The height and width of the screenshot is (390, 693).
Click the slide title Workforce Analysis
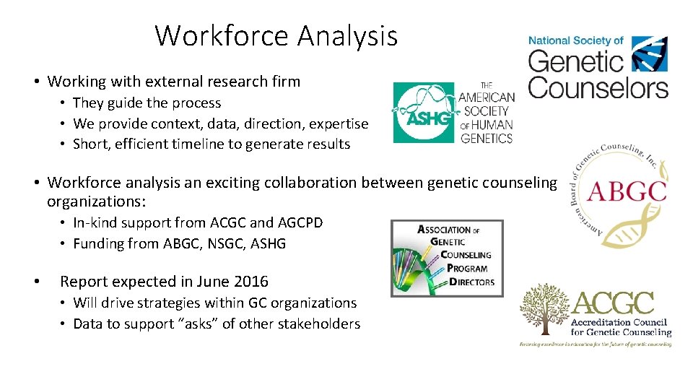(x=276, y=35)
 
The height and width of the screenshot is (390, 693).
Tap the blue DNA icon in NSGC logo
(x=649, y=53)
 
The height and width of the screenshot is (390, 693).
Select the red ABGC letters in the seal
(x=626, y=191)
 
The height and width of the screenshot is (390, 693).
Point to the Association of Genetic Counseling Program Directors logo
(x=446, y=258)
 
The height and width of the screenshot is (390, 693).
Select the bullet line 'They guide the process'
(x=147, y=103)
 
